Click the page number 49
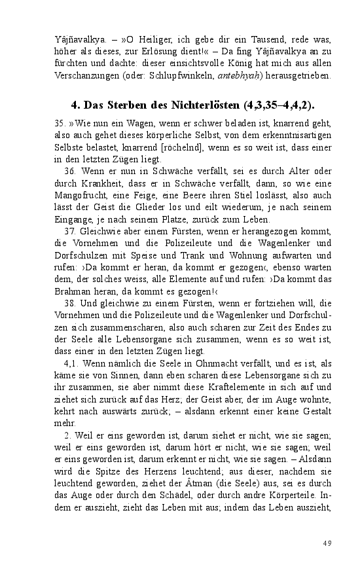[x=327, y=543]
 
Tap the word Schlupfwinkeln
[x=177, y=75]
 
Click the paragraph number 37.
[x=69, y=231]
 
